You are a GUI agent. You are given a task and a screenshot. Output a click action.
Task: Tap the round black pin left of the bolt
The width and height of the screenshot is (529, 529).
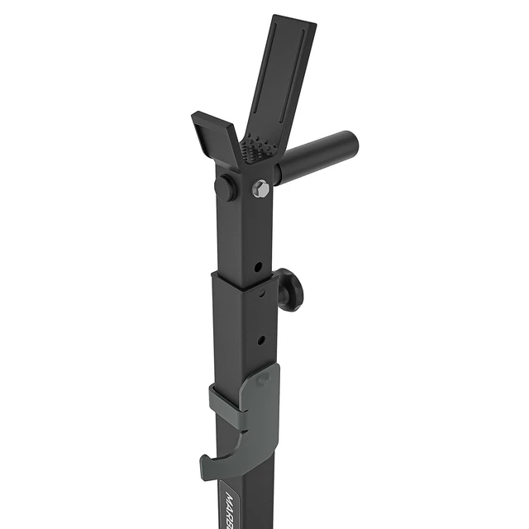coord(226,188)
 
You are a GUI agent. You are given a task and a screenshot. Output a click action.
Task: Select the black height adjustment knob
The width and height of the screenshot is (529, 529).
coord(290,290)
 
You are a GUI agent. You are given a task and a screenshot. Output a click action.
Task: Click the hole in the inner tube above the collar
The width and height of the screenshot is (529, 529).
coord(259,267)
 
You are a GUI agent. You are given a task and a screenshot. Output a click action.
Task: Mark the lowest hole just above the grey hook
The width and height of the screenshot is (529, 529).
coord(261,339)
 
